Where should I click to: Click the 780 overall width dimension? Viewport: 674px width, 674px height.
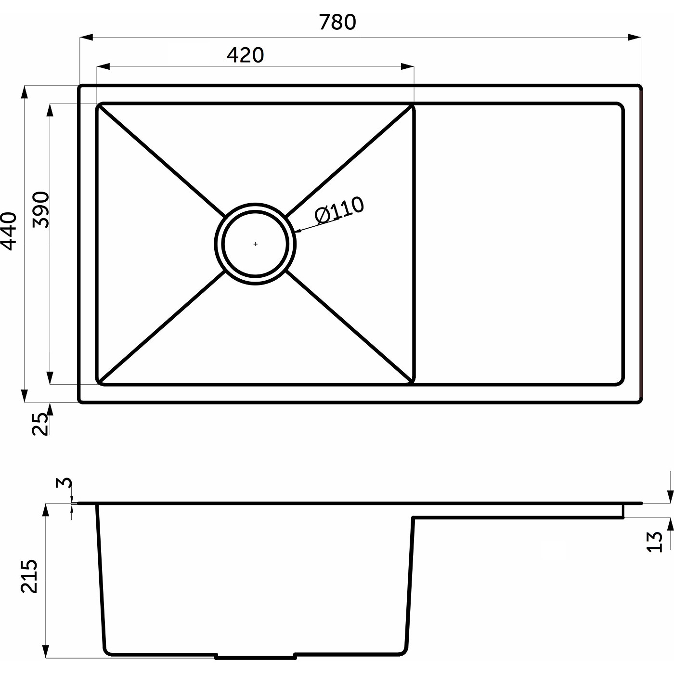[337, 22]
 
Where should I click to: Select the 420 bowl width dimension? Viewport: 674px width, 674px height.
[245, 55]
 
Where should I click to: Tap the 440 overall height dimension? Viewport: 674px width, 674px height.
[9, 231]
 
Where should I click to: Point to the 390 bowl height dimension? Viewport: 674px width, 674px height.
[40, 209]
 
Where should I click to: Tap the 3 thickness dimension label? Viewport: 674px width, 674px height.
[64, 483]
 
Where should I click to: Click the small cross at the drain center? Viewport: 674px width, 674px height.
[255, 244]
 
